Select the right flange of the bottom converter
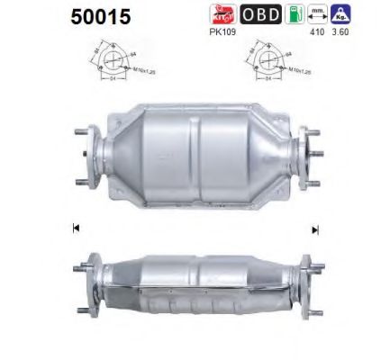coord(311,274)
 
